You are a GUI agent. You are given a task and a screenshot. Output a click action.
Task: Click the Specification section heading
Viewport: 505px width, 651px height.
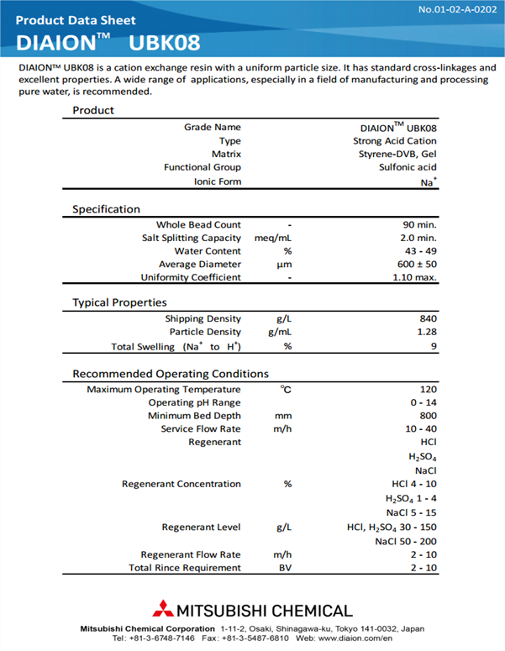[106, 209]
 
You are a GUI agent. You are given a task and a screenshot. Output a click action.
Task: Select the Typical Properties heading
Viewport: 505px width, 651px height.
[119, 302]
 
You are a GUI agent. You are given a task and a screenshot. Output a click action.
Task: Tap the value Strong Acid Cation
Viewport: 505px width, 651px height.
[395, 141]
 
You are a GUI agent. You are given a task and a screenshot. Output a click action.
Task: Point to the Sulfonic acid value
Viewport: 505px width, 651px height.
[408, 168]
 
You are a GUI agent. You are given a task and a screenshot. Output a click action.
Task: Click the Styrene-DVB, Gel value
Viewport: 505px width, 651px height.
[395, 155]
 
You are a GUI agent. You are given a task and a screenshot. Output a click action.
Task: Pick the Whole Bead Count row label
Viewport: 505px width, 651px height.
[198, 225]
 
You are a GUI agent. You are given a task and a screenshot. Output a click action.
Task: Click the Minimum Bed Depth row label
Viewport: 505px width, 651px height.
[194, 417]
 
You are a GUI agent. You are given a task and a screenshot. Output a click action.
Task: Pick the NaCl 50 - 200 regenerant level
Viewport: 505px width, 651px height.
[406, 542]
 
